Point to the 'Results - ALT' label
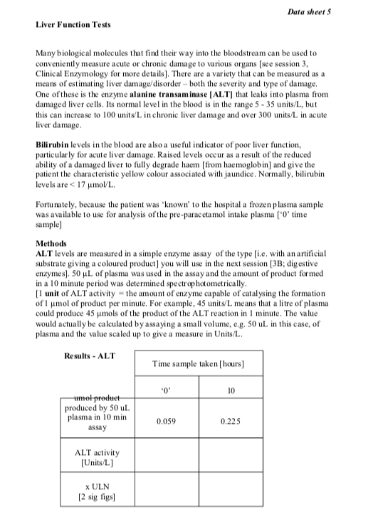tap(90, 355)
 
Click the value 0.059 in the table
tap(165, 421)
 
